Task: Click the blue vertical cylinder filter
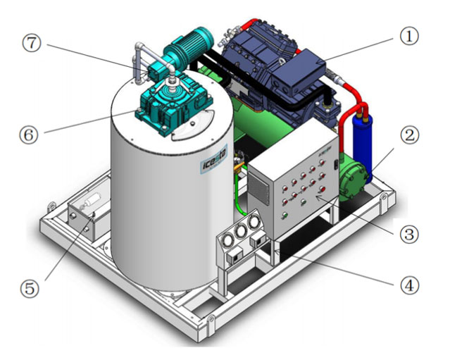[365, 134]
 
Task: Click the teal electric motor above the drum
[188, 49]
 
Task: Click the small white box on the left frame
[85, 211]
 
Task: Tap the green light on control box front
[285, 214]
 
